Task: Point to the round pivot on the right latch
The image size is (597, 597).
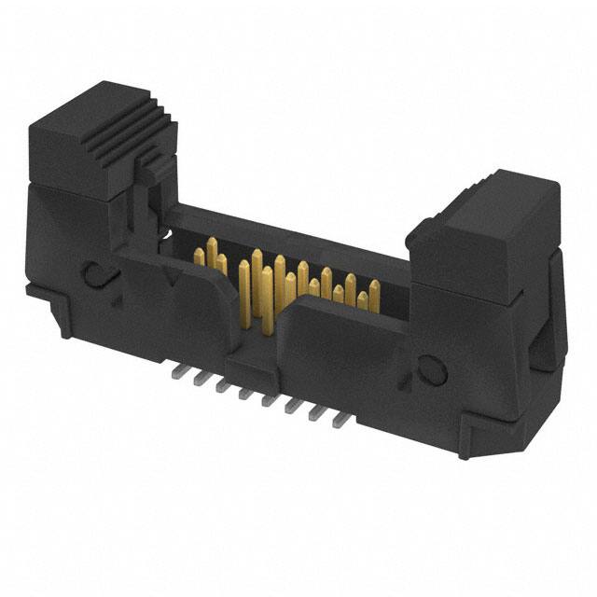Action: pos(432,371)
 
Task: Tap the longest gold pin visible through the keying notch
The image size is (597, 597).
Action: pos(245,294)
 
